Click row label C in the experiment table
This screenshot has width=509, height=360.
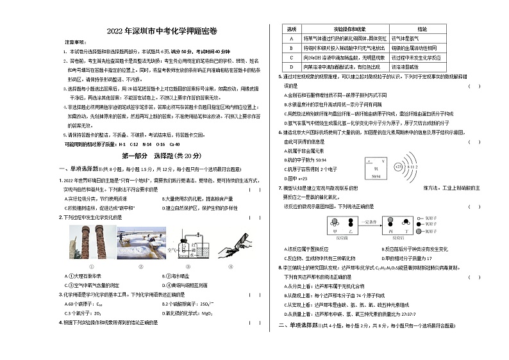(x=291, y=57)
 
